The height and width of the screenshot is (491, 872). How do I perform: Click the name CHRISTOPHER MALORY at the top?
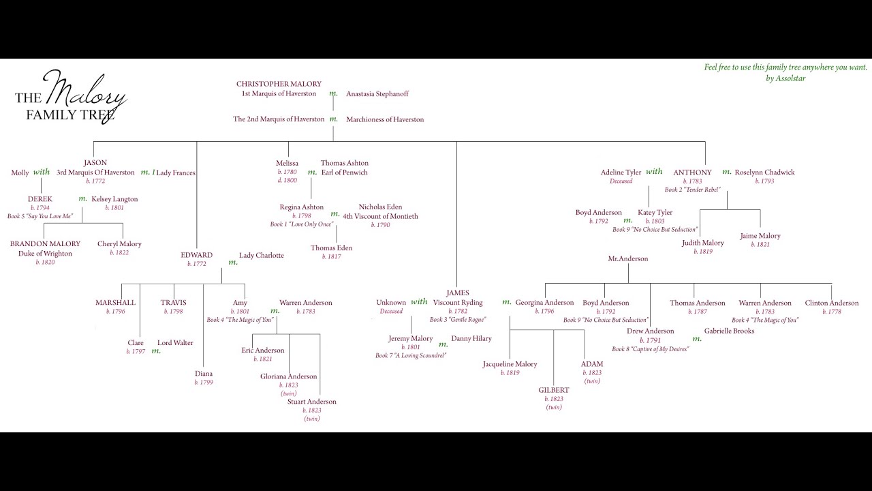click(279, 84)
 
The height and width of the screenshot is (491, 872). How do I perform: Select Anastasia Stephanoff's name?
click(377, 93)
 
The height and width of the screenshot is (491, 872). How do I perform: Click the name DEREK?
click(40, 199)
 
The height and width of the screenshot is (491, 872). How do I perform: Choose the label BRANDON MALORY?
click(45, 243)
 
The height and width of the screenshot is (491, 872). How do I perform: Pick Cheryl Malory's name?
click(119, 243)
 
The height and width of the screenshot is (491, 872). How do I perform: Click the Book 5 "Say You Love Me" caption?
click(40, 216)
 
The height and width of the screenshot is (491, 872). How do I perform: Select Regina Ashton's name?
click(302, 207)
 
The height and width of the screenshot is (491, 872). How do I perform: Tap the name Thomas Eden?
click(332, 248)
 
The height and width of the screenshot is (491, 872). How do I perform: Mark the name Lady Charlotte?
click(262, 255)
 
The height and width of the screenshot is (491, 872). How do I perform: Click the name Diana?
click(204, 374)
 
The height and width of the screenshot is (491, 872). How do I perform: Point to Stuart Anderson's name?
click(312, 402)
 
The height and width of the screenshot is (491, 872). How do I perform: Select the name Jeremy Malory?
click(411, 338)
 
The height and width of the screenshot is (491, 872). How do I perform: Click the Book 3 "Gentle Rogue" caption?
click(458, 319)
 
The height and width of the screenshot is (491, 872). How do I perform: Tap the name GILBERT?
click(554, 390)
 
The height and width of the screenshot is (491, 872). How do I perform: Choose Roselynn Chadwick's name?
click(764, 173)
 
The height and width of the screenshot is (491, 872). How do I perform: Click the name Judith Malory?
click(703, 243)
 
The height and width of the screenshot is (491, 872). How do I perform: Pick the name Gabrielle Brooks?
click(730, 331)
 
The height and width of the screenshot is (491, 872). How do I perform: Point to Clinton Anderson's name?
click(832, 303)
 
